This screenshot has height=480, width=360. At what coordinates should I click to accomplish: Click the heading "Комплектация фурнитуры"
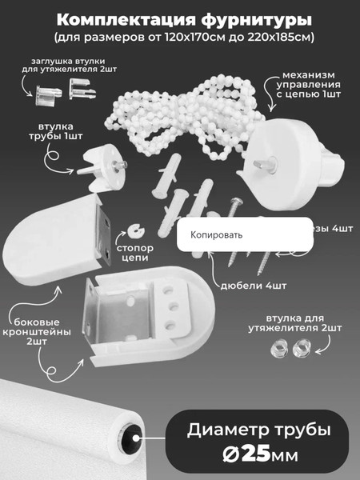[179, 18]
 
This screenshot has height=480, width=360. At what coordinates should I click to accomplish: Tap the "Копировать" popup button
[216, 235]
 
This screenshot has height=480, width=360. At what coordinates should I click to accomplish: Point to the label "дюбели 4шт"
[258, 285]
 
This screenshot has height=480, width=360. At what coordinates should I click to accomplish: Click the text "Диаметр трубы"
[258, 430]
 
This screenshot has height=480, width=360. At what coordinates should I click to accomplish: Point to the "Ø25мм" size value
[258, 456]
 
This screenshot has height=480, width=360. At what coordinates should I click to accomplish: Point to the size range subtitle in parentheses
[179, 37]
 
